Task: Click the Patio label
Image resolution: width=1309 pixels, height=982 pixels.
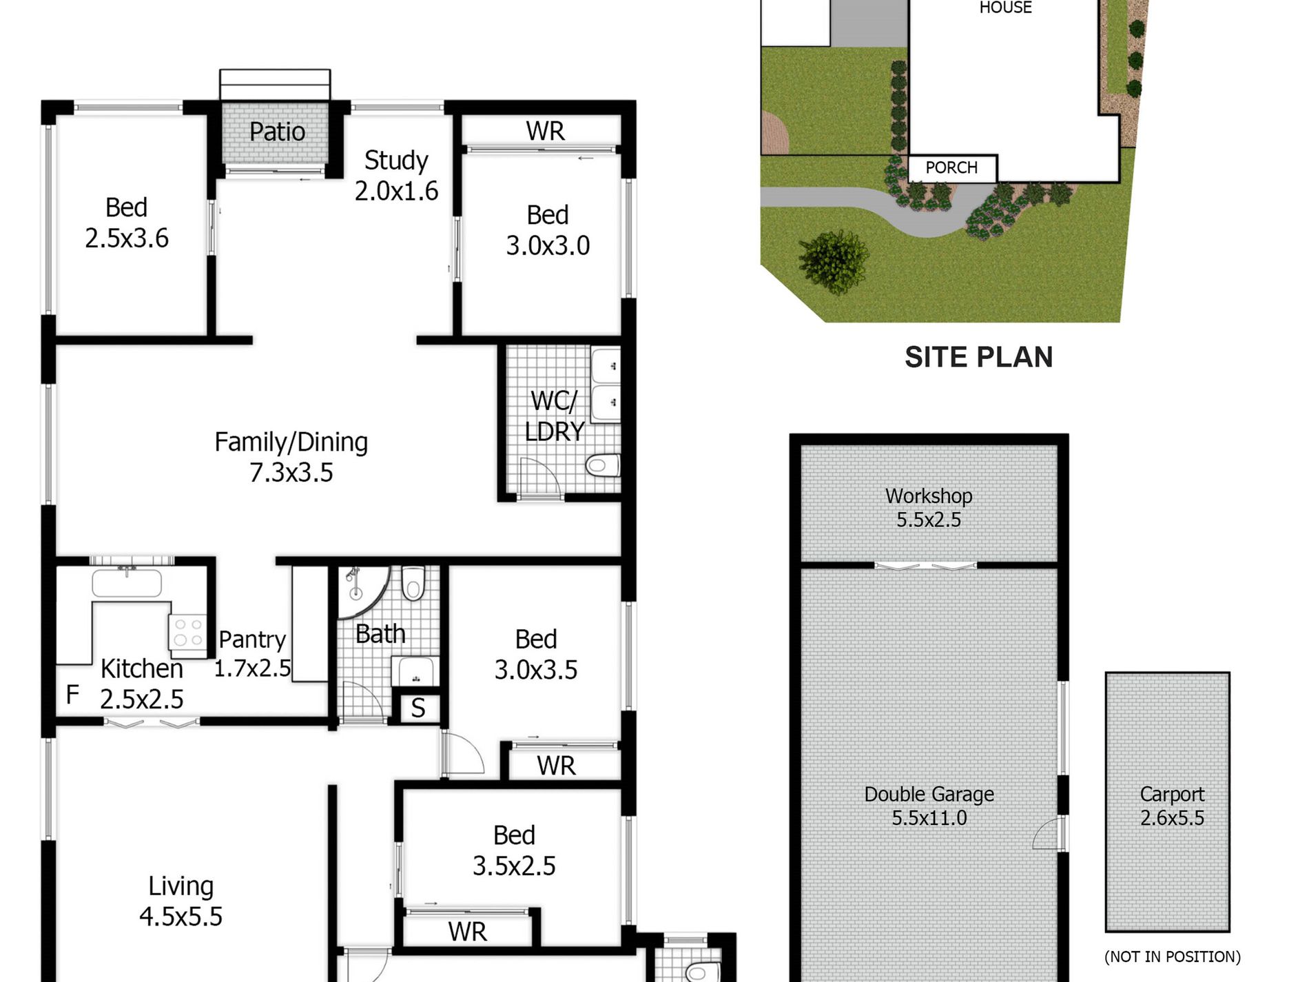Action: pos(277,132)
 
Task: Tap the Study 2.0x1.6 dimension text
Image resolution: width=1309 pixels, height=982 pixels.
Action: pos(396,191)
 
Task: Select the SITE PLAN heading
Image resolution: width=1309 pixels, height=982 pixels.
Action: pos(978,357)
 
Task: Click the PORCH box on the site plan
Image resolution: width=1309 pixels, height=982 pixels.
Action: pos(951,168)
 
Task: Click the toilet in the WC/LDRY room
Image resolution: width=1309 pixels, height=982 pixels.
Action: pos(602,465)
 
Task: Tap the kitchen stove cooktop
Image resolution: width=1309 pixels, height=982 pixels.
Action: pos(187,631)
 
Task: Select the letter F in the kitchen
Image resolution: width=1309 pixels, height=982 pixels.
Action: pos(72,695)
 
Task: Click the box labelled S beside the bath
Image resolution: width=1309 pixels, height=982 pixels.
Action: pos(418,708)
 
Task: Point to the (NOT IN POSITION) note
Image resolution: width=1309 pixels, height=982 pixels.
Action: pos(1172,957)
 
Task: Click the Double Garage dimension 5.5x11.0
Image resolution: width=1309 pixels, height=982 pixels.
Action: pos(929,818)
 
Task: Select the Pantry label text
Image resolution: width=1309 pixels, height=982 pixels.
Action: pos(252,640)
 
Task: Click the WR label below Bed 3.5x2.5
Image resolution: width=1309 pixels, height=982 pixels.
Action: pos(467,932)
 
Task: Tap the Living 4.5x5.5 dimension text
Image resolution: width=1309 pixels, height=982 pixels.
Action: pos(181,917)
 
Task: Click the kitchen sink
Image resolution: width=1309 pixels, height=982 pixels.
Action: pos(127,582)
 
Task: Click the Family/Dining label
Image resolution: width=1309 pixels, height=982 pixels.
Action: pos(291,442)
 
